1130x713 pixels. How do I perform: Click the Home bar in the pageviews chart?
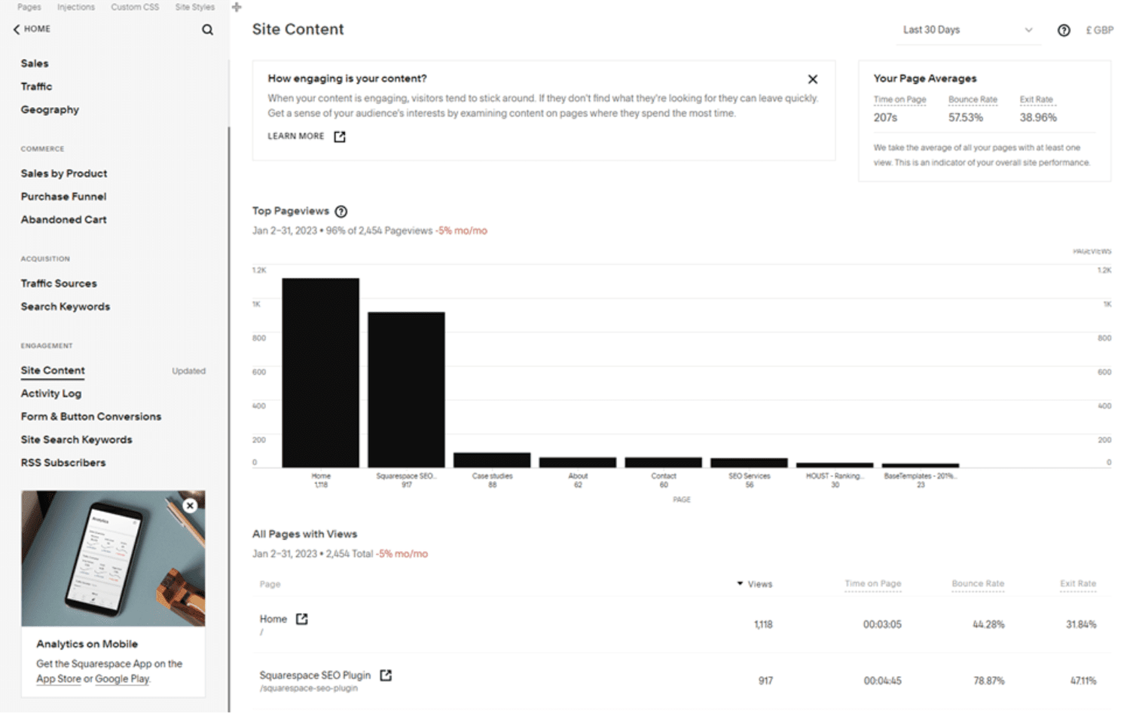coord(320,373)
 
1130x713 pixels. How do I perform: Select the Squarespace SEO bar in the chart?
coord(406,390)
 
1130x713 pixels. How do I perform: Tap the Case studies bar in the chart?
coord(492,460)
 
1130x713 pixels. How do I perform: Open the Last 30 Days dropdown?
coord(967,30)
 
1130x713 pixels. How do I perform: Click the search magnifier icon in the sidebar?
coord(207,30)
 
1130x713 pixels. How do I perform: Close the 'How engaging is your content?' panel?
coord(812,79)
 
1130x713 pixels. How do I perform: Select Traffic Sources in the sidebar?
coord(59,283)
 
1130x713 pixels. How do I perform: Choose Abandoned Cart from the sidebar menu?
coord(63,219)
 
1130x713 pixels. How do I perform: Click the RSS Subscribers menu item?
coord(63,463)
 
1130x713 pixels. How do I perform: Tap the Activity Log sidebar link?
coord(51,393)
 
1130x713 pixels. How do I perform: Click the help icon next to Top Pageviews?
coord(341,212)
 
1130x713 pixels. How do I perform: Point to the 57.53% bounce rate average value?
coord(965,118)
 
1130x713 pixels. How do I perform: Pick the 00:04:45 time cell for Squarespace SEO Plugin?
coord(882,681)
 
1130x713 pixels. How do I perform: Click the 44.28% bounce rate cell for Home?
coord(988,624)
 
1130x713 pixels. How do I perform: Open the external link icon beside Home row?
coord(301,619)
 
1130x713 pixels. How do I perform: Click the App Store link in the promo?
coord(59,679)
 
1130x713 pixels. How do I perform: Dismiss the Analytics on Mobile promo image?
coord(190,506)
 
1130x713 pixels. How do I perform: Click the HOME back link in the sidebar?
coord(32,29)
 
